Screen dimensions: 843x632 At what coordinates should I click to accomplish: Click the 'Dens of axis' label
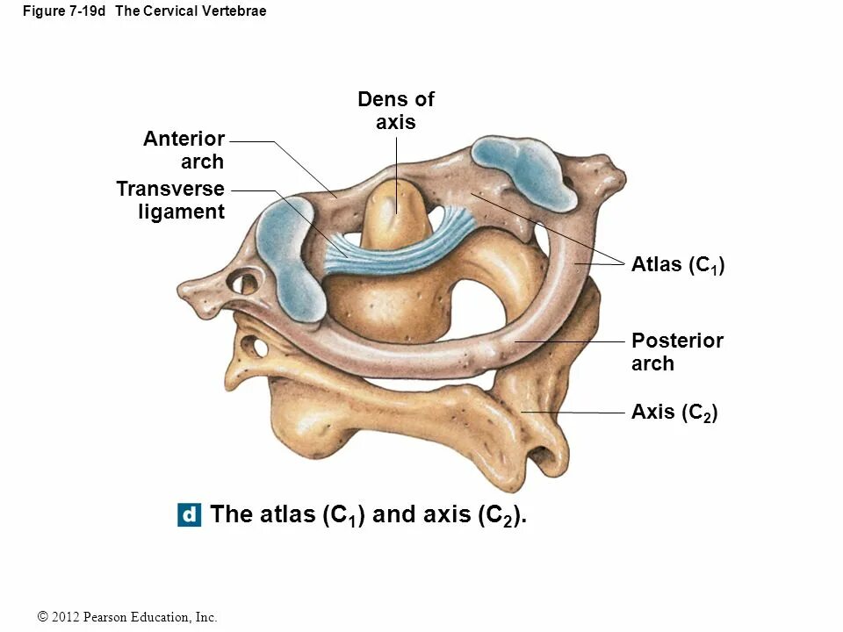tap(395, 111)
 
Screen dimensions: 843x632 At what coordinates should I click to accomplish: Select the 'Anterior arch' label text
tap(184, 150)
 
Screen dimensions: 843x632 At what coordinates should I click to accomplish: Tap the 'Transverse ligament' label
tap(170, 200)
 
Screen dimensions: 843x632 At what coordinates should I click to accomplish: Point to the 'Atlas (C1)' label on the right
tap(677, 265)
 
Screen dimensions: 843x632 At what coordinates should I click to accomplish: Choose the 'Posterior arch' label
tap(676, 352)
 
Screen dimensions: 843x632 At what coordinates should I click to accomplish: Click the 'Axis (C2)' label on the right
tap(674, 413)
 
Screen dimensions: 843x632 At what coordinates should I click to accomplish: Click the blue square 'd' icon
tap(189, 514)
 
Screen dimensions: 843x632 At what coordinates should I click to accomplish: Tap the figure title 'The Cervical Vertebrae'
tap(191, 11)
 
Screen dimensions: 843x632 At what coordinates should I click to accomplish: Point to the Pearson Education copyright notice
tap(128, 618)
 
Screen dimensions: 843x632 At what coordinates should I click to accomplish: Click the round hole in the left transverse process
tap(243, 284)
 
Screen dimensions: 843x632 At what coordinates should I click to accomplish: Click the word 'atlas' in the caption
tap(286, 514)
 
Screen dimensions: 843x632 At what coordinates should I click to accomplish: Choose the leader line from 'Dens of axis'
tap(396, 171)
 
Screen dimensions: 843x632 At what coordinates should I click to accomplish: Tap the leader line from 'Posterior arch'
tap(571, 341)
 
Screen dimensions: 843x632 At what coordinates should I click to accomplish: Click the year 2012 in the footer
tap(67, 618)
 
